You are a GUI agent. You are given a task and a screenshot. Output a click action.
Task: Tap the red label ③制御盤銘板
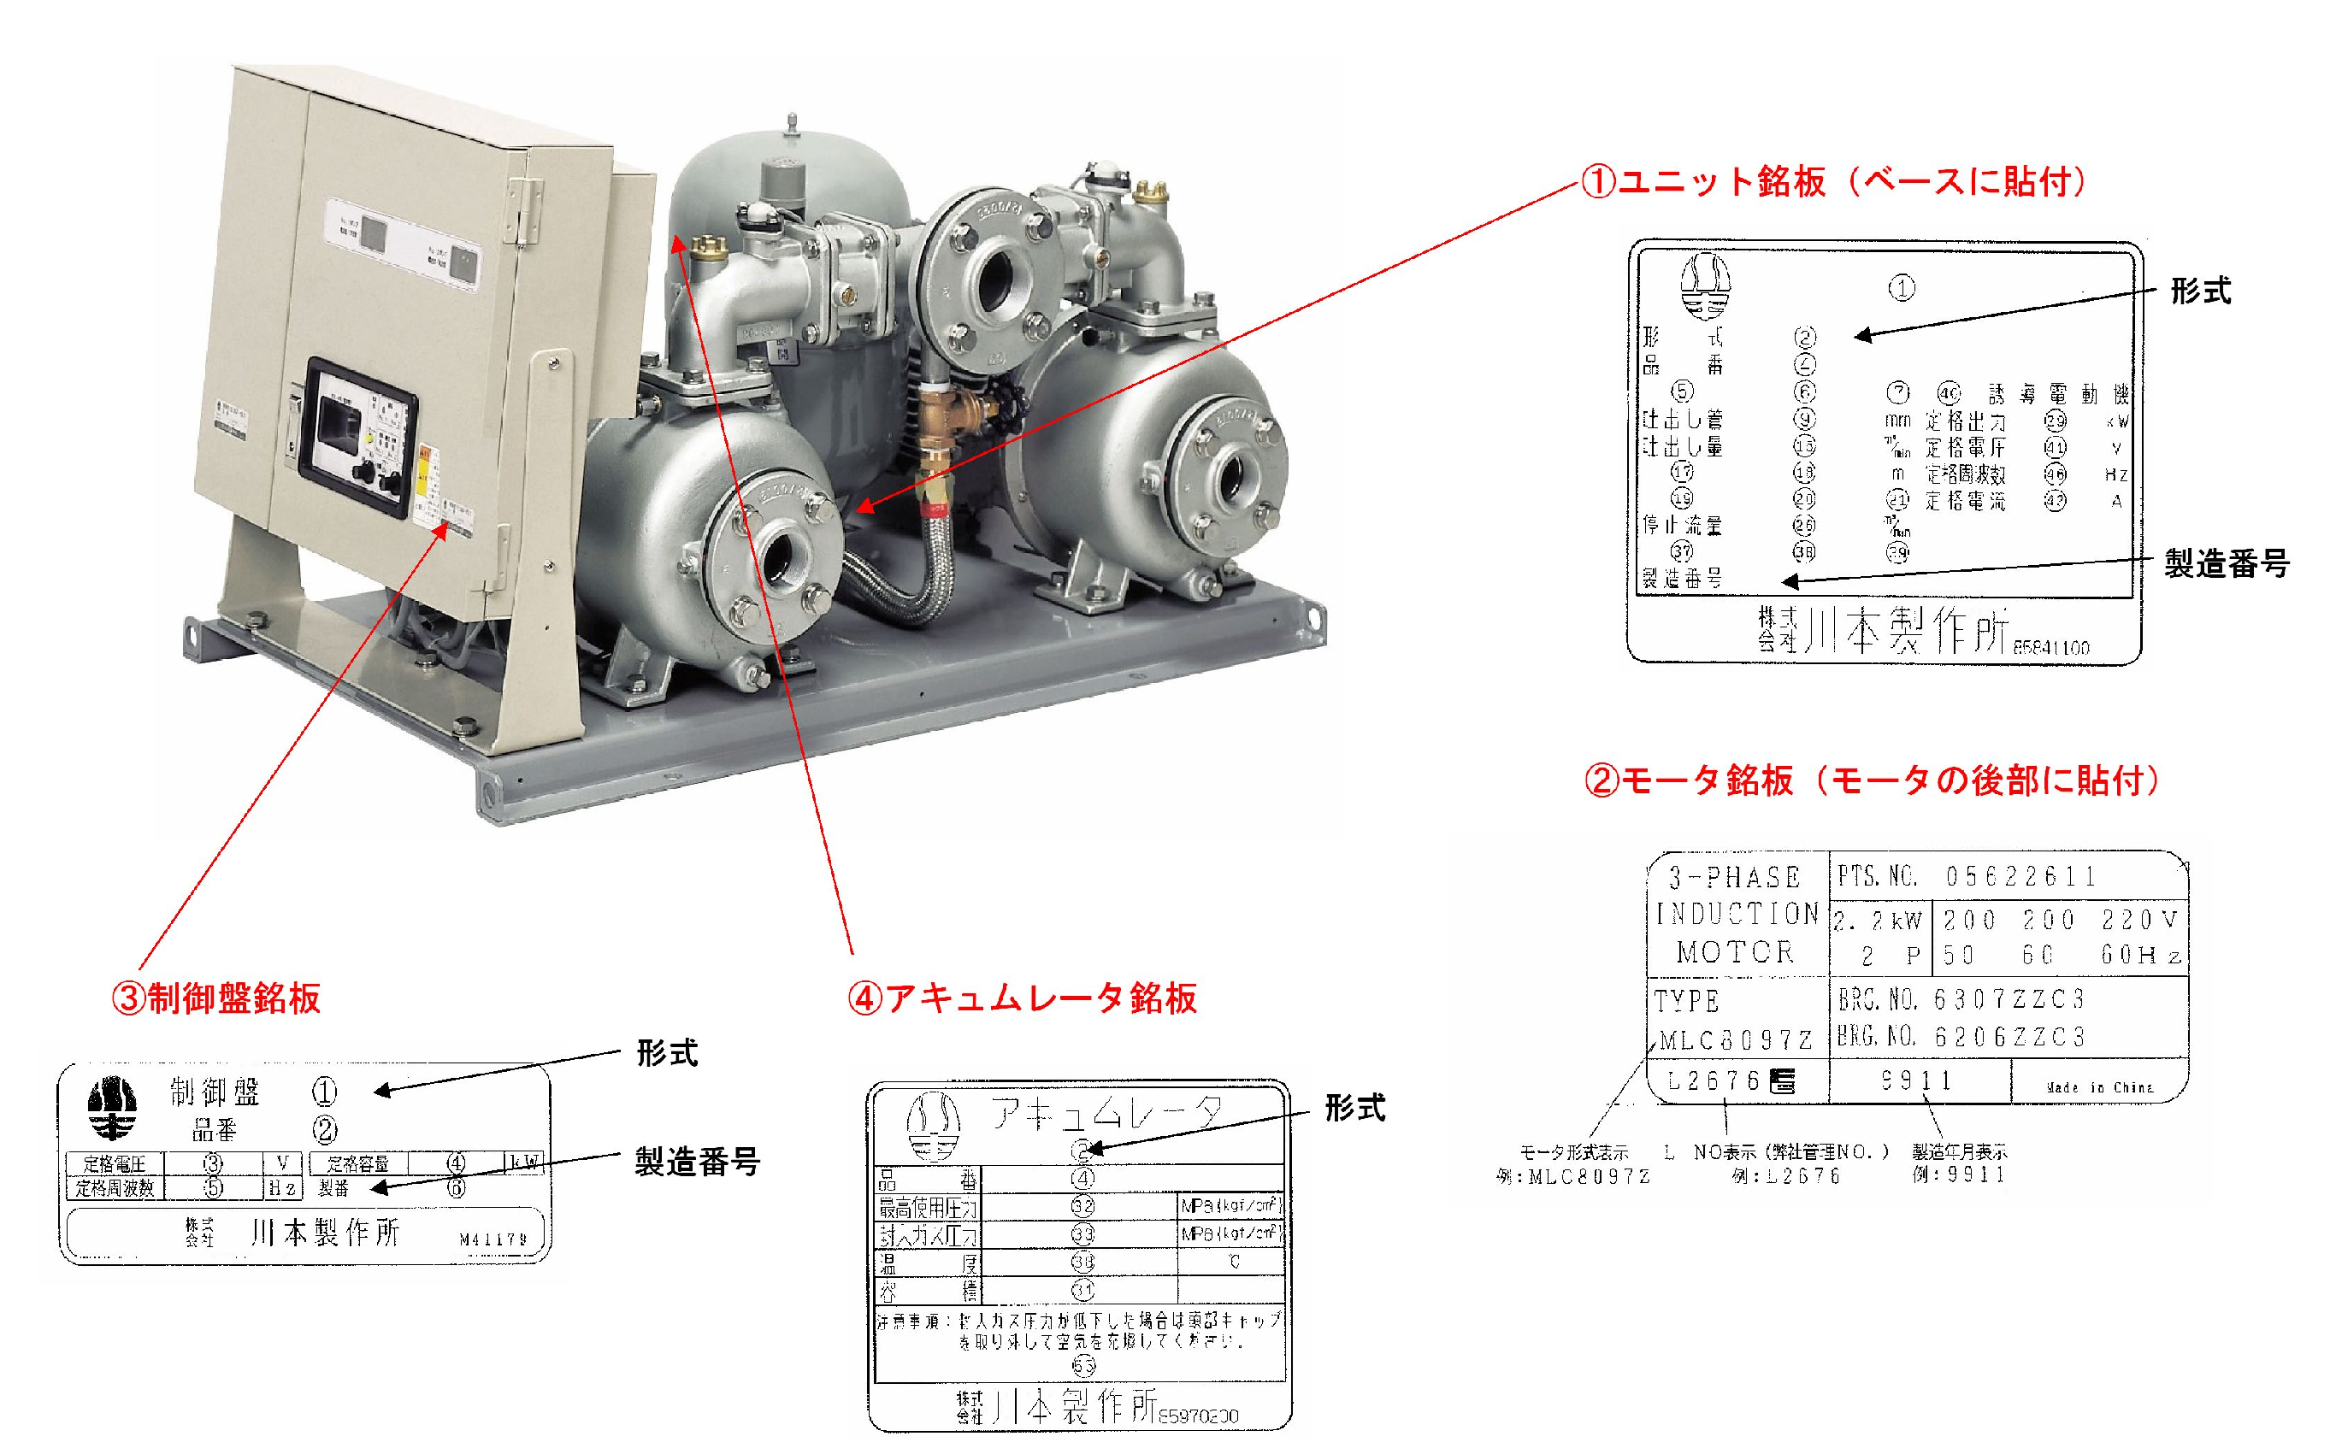[x=216, y=998]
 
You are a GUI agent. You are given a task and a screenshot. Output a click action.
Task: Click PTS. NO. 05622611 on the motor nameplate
[x=1967, y=876]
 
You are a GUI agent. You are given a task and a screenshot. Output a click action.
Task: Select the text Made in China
[x=2098, y=1086]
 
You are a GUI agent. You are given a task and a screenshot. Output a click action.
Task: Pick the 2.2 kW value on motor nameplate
[x=1876, y=921]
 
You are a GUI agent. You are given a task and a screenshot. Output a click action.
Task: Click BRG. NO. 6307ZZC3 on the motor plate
[x=1961, y=1000]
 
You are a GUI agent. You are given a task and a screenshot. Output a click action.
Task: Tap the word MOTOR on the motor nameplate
[x=1736, y=952]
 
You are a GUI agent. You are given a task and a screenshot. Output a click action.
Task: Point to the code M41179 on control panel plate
[x=493, y=1239]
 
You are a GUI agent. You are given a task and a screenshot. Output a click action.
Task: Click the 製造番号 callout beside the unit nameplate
[x=2227, y=563]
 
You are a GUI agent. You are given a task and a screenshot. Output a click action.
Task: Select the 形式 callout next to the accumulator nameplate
[x=1355, y=1108]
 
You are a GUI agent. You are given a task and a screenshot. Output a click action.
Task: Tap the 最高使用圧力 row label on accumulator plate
[x=927, y=1207]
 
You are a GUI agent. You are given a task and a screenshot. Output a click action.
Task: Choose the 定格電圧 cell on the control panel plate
[x=115, y=1163]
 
